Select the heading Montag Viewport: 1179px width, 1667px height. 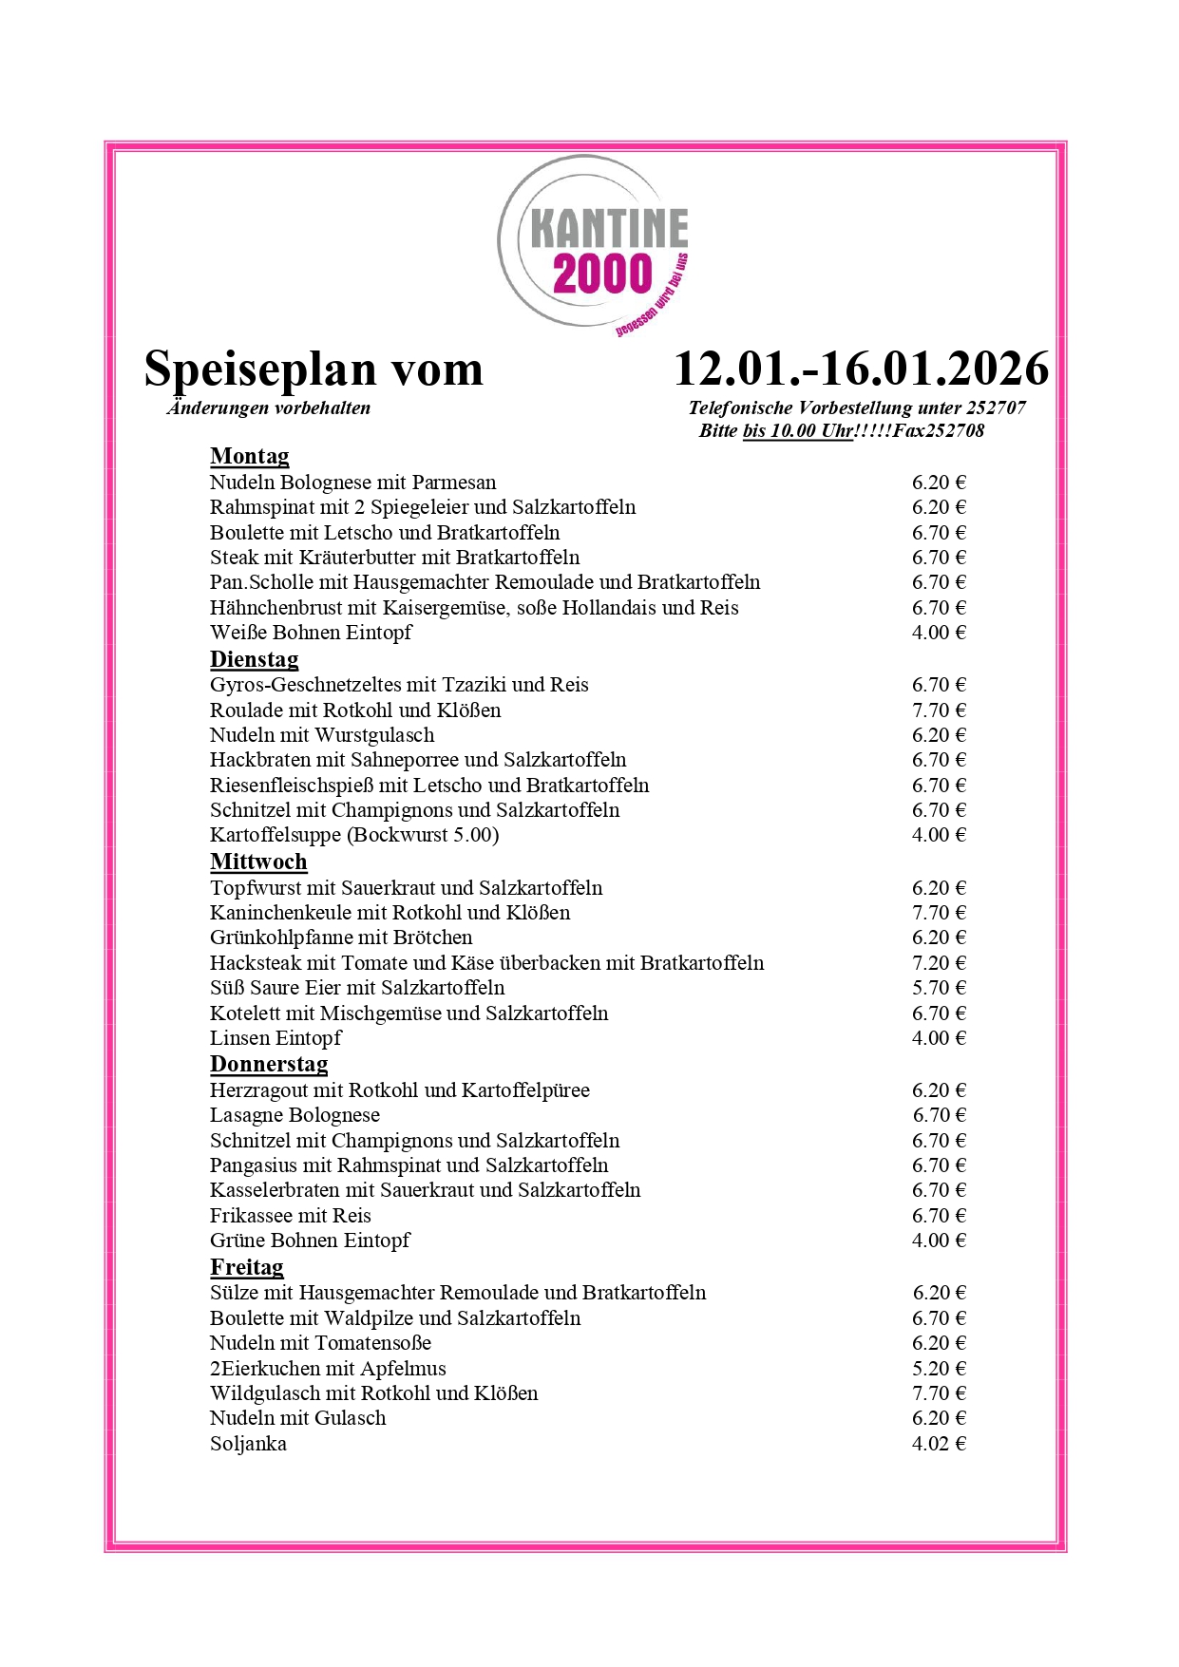249,457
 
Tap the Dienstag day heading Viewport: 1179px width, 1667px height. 254,659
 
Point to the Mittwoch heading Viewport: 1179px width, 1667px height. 258,862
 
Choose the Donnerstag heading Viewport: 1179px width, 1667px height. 269,1064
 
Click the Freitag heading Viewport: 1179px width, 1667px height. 246,1267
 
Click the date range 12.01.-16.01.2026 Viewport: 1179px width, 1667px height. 861,369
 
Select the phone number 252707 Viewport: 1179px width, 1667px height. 996,408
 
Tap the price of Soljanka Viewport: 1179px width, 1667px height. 939,1444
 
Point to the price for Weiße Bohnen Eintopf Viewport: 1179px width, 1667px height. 939,633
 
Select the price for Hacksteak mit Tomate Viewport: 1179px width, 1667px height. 939,963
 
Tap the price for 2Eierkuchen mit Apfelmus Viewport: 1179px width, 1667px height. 939,1369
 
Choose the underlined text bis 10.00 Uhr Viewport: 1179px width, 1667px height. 797,431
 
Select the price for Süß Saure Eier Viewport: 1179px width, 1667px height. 939,988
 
